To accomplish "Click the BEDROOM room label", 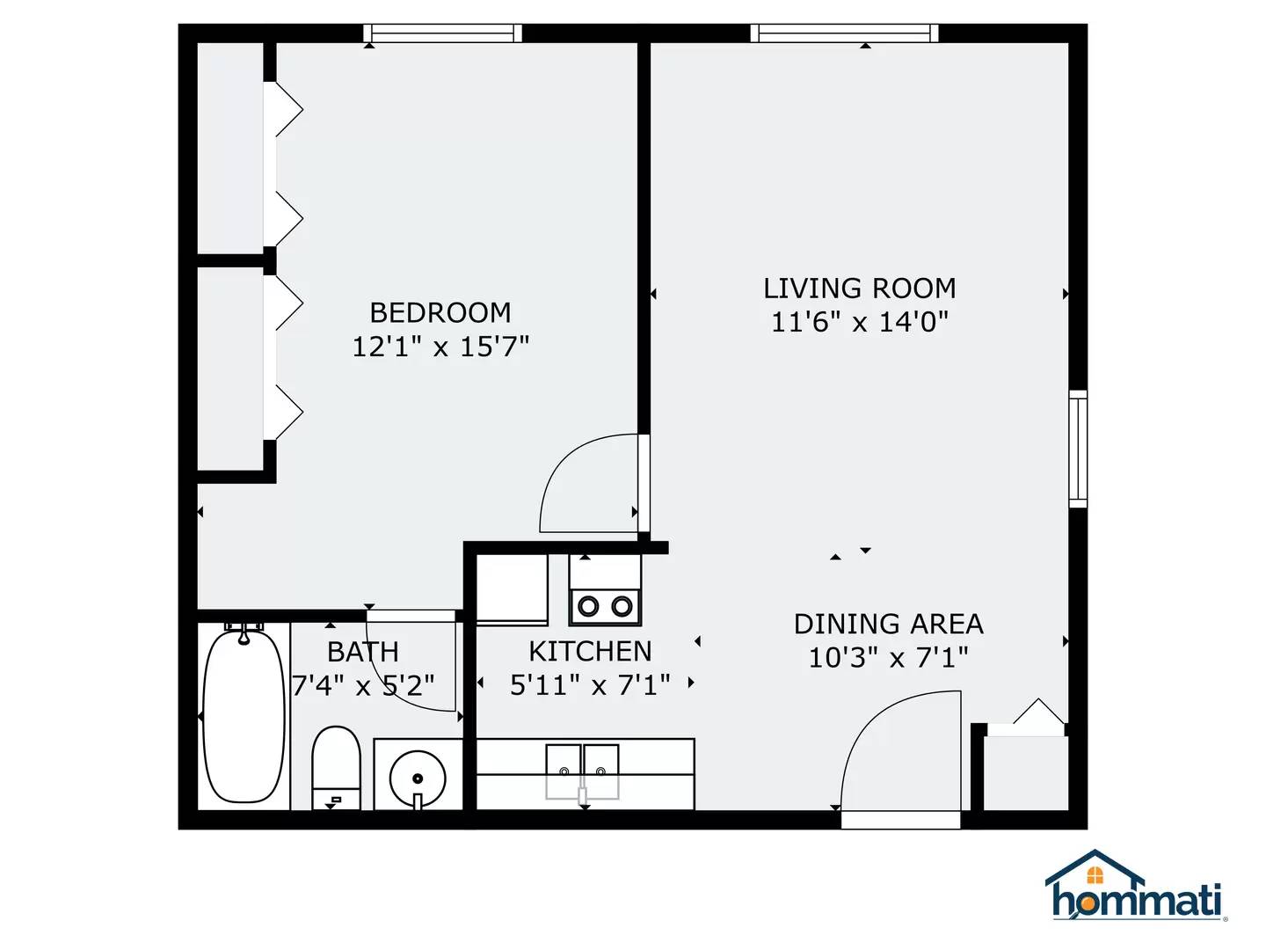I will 440,313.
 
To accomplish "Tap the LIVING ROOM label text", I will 859,289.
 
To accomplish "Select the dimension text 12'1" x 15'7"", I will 440,347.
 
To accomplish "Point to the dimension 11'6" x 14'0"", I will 859,322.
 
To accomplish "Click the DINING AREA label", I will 888,625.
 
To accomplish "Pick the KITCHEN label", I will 590,652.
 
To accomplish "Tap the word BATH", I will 362,653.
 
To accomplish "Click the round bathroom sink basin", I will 418,778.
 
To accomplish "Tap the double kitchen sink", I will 582,771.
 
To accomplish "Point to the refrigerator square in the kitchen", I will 512,588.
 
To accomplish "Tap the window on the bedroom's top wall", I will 443,33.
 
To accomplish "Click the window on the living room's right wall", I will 1078,449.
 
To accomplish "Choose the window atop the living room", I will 844,33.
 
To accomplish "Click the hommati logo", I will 1137,886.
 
